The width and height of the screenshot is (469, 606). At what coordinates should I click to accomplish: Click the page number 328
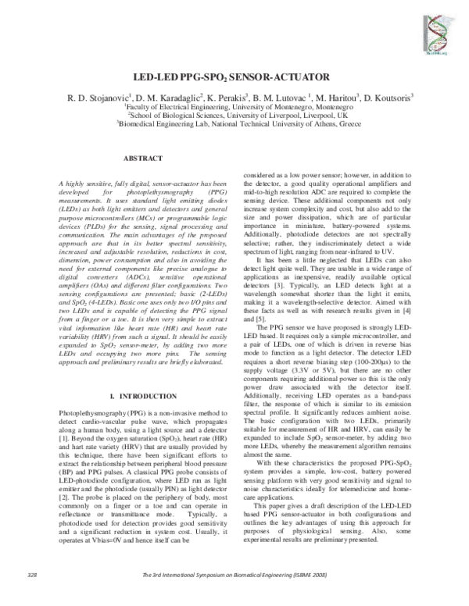coord(32,597)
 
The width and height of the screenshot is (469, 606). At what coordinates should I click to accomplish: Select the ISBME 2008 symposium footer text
coord(234,597)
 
